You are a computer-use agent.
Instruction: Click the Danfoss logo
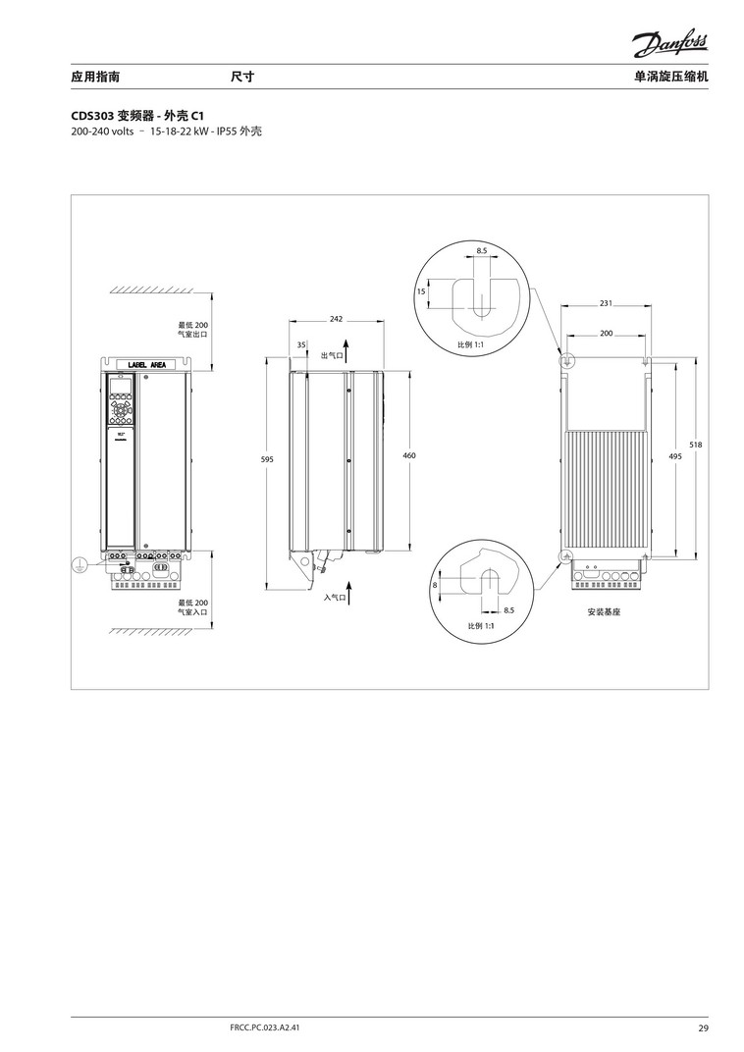click(669, 45)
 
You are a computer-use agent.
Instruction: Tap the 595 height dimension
click(267, 459)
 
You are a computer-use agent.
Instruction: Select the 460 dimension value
click(409, 455)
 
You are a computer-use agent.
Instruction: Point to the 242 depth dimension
click(336, 319)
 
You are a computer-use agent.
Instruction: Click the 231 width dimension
click(606, 303)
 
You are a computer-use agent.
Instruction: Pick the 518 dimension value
click(696, 445)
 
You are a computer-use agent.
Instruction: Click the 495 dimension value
click(675, 456)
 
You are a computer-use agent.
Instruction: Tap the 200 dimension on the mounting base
click(606, 333)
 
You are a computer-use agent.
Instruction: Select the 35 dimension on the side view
click(301, 344)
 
